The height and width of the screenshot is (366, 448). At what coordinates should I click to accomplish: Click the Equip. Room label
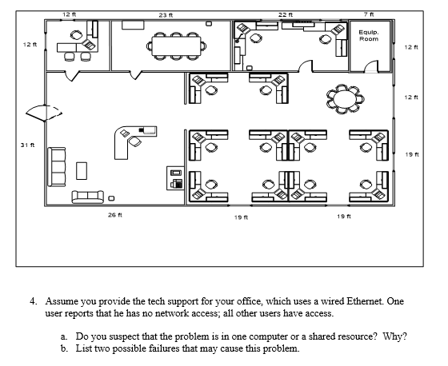pos(369,36)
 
